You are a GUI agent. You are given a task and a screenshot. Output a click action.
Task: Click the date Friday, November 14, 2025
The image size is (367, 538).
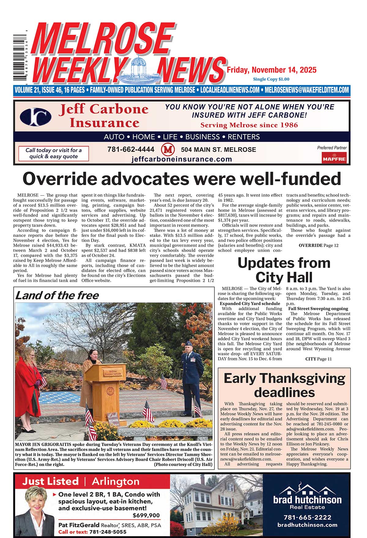pyautogui.click(x=272, y=70)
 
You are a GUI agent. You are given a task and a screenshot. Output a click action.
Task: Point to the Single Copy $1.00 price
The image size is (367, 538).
pyautogui.click(x=271, y=79)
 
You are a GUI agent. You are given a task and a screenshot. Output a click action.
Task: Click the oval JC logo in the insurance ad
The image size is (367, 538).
pyautogui.click(x=35, y=116)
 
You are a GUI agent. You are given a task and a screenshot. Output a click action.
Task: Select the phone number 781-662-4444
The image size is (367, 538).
pyautogui.click(x=131, y=150)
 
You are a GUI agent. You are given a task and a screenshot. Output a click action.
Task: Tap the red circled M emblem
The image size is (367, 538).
pyautogui.click(x=168, y=150)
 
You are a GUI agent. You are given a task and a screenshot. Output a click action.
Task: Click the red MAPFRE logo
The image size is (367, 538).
pyautogui.click(x=334, y=158)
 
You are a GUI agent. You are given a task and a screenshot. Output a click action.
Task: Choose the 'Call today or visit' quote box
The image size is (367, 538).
pyautogui.click(x=54, y=153)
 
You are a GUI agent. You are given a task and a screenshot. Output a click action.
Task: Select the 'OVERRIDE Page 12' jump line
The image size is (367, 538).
pyautogui.click(x=318, y=245)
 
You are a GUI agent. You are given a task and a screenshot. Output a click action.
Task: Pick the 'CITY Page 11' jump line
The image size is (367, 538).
pyautogui.click(x=318, y=359)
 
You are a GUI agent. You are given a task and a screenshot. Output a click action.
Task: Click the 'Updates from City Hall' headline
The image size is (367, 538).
pyautogui.click(x=284, y=270)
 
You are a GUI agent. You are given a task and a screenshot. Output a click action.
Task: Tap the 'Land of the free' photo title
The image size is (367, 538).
pyautogui.click(x=57, y=295)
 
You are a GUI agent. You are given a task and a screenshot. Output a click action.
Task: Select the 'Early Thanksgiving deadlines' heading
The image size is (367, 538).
pyautogui.click(x=284, y=385)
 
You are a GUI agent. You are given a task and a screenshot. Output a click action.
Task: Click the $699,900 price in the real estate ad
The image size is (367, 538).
pyautogui.click(x=146, y=516)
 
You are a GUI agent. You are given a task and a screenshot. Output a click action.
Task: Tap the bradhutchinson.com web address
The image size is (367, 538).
pyautogui.click(x=307, y=525)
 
